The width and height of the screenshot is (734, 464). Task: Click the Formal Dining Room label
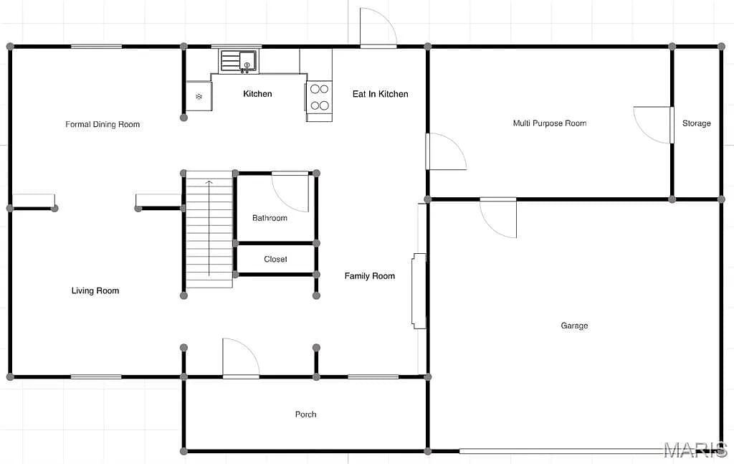103,124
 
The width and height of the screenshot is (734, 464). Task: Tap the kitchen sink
239,61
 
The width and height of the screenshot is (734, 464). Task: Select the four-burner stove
319,97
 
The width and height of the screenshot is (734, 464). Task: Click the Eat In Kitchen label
380,94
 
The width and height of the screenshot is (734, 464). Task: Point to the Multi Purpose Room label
550,123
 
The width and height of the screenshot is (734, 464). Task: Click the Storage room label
696,123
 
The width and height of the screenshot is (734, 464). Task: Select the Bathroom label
270,218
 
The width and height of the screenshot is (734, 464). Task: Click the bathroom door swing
290,192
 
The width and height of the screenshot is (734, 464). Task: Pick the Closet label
275,259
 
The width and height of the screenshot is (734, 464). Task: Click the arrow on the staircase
209,228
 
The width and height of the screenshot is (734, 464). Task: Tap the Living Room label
95,290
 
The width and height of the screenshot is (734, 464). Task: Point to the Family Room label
369,276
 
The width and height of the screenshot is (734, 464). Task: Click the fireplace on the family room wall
419,291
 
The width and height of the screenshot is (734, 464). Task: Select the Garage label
574,326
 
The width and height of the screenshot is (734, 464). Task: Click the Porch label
305,415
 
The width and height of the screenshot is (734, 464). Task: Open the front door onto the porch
241,358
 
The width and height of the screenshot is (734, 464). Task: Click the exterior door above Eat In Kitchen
378,28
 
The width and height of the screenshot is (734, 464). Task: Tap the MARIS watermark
695,450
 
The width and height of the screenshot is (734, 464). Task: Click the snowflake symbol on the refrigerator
199,96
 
